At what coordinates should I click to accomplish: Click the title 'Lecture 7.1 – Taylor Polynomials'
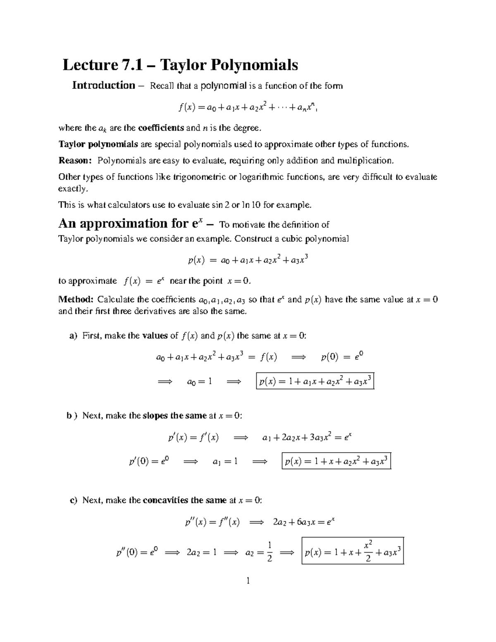coord(180,65)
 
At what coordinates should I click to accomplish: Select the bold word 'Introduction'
coord(103,86)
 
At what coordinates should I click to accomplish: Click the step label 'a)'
coord(73,336)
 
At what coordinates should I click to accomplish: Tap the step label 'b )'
coord(72,415)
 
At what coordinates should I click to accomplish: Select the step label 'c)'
coord(73,500)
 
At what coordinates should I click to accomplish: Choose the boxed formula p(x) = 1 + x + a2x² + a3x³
coord(336,462)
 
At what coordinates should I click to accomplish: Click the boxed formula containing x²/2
coord(353,551)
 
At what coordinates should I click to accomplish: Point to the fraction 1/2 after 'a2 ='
coord(269,552)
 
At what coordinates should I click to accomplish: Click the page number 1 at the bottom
coord(248,581)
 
